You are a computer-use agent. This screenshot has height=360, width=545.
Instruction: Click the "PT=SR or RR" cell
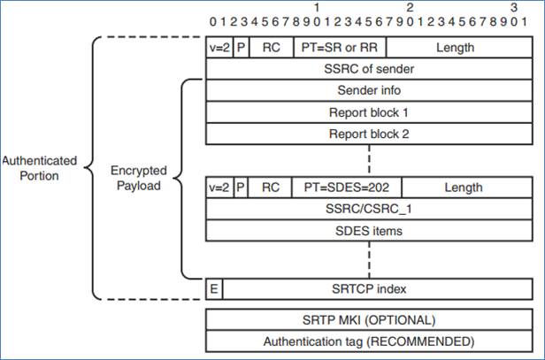click(x=341, y=47)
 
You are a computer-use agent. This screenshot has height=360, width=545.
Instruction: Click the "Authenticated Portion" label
click(x=39, y=168)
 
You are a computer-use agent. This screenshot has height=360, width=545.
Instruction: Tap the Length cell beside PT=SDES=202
click(x=464, y=187)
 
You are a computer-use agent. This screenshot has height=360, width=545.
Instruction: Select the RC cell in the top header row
click(x=271, y=47)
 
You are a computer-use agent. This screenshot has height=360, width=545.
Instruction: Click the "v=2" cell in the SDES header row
click(x=219, y=187)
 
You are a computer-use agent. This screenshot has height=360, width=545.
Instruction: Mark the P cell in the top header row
click(x=241, y=47)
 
